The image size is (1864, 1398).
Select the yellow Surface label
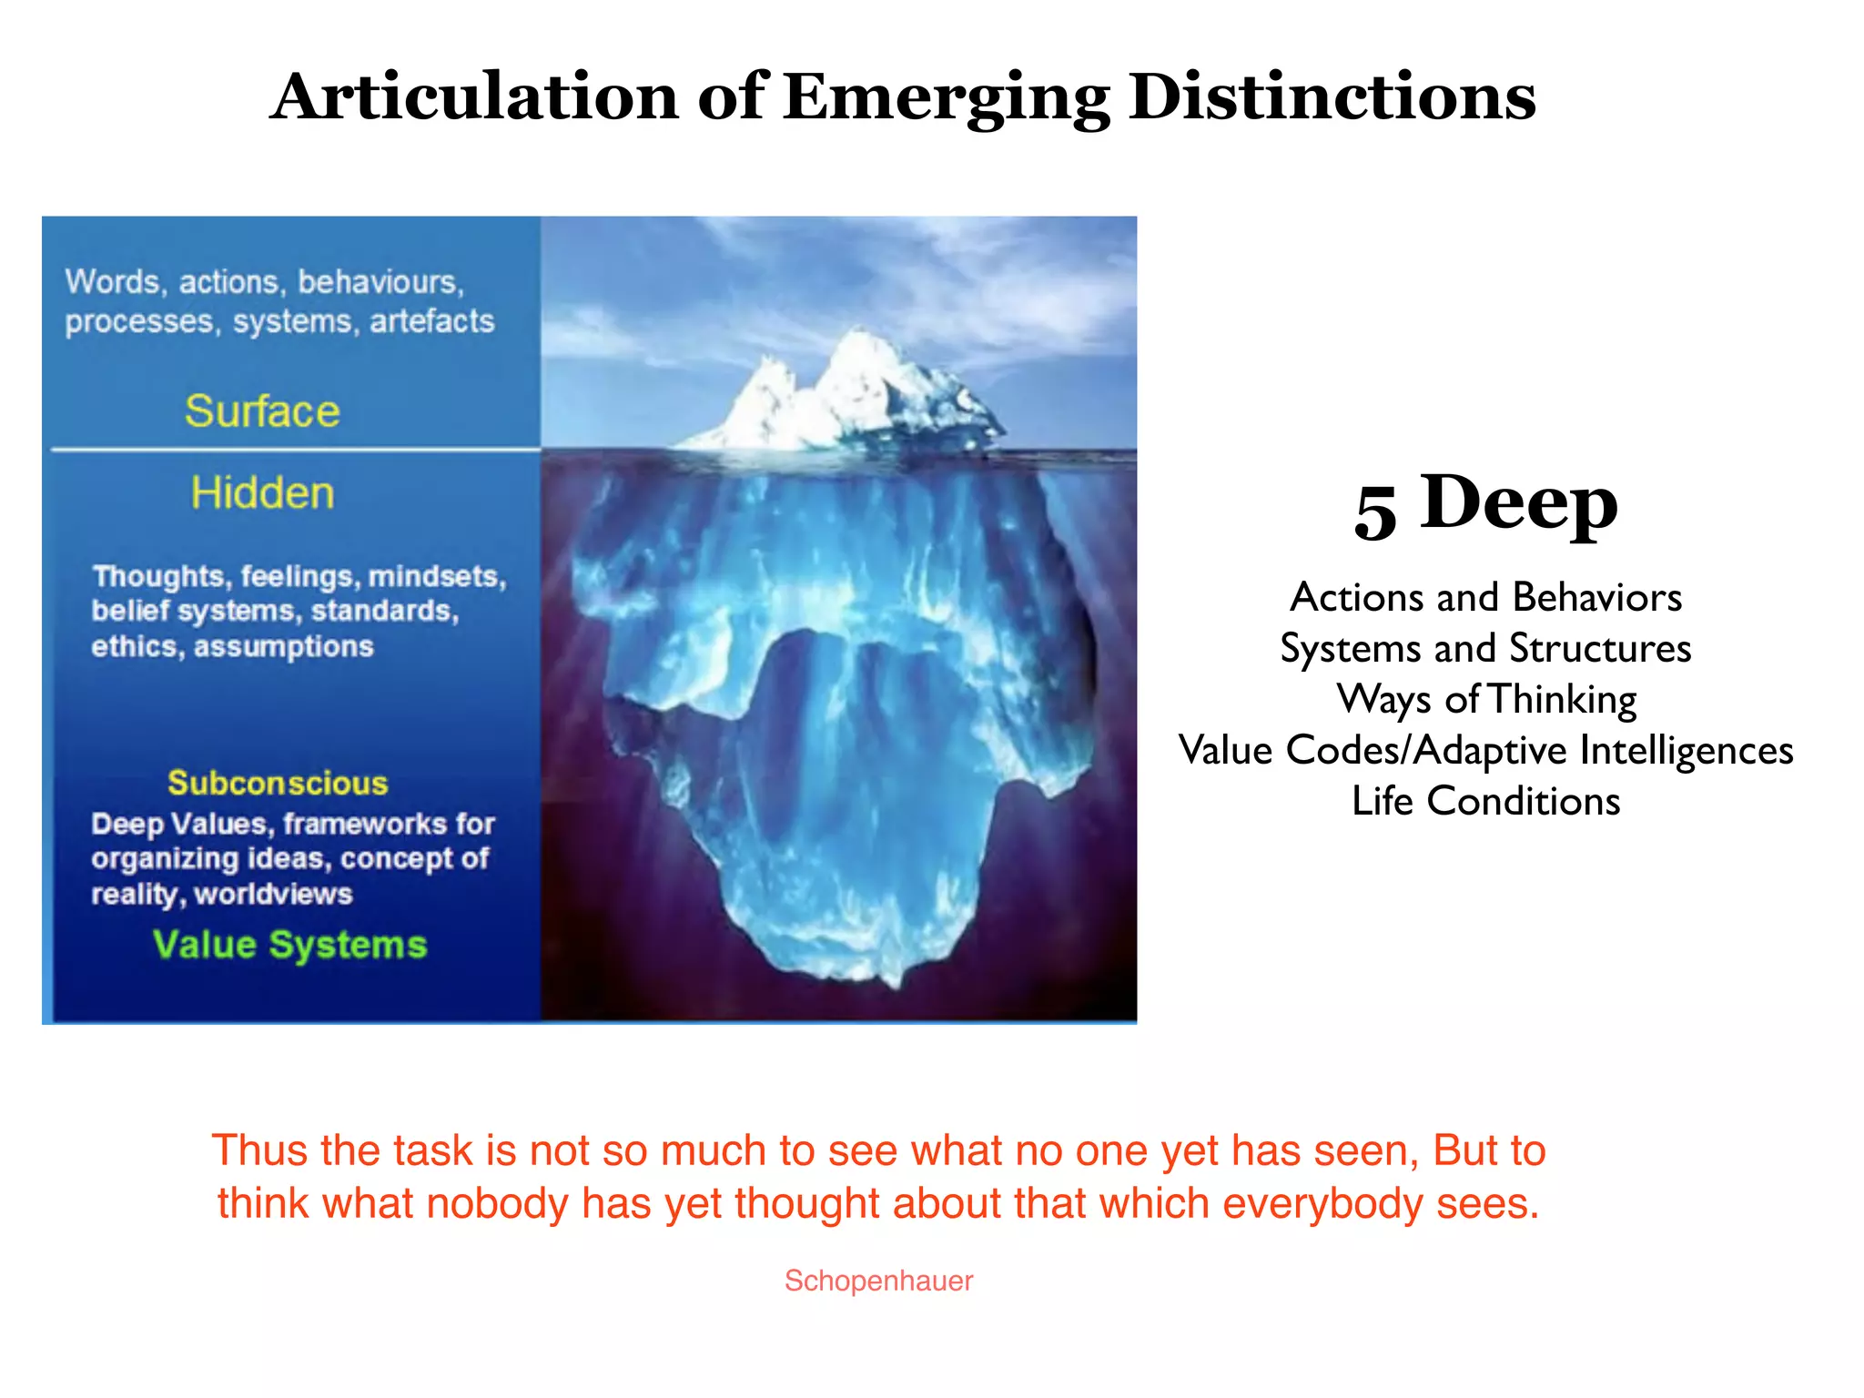(x=262, y=411)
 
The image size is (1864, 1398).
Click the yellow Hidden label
(x=262, y=493)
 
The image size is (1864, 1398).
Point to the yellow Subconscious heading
(x=278, y=783)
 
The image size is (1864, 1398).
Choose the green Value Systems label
(x=289, y=945)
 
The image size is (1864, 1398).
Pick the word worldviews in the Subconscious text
(x=273, y=894)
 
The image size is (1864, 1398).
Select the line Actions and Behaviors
(x=1485, y=598)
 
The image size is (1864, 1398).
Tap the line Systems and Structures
(x=1485, y=649)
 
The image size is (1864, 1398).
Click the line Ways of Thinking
(x=1485, y=700)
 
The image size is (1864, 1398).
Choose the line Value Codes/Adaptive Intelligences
(x=1485, y=751)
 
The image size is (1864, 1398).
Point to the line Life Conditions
(x=1485, y=802)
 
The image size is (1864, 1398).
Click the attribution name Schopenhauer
(x=878, y=1281)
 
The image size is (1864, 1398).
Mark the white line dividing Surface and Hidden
(x=296, y=449)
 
